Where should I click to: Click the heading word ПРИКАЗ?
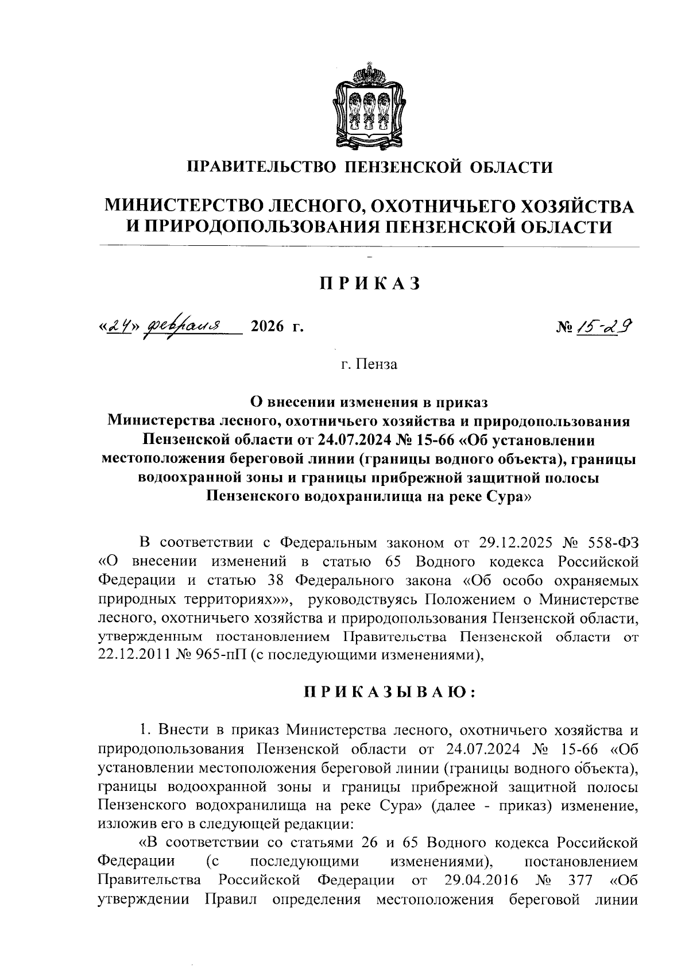370,283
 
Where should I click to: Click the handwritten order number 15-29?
609,327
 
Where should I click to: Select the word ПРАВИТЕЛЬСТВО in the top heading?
261,168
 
